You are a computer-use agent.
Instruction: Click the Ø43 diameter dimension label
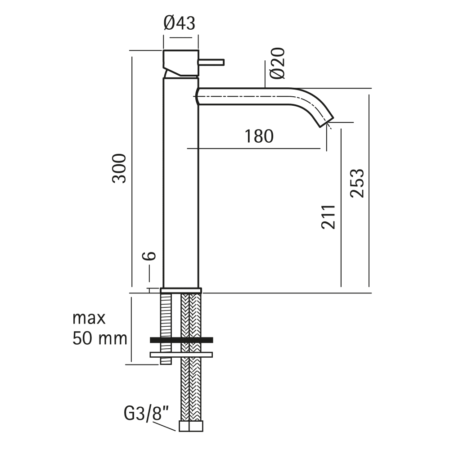[180, 23]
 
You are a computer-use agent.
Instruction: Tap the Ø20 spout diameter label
[278, 63]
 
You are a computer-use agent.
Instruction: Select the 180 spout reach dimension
[259, 136]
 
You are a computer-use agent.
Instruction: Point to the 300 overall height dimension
[119, 168]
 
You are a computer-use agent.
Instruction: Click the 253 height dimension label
[357, 183]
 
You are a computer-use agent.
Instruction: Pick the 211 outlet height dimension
[328, 217]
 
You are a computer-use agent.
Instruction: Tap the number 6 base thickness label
[149, 256]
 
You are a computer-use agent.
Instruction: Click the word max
[89, 319]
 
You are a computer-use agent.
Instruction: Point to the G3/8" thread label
[146, 414]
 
